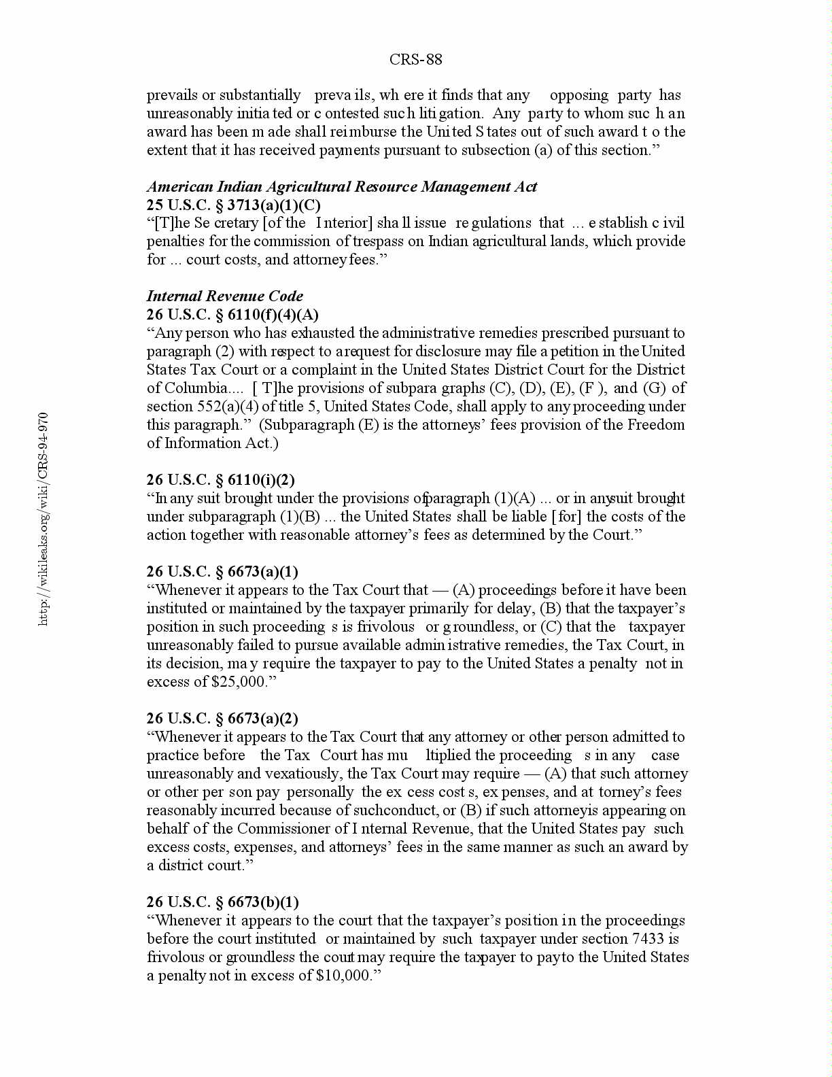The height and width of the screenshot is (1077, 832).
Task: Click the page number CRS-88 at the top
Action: [x=415, y=60]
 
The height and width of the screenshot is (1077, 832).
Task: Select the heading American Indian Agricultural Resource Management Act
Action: [x=341, y=187]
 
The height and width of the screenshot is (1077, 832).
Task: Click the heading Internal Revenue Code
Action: [x=224, y=296]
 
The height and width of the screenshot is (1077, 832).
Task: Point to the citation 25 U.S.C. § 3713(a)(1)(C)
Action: [x=233, y=205]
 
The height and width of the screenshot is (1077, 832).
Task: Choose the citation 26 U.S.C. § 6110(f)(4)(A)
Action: [x=232, y=315]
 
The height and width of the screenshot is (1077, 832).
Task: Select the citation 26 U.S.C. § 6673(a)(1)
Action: [x=222, y=572]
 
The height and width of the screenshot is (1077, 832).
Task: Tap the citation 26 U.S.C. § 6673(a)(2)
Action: [x=222, y=719]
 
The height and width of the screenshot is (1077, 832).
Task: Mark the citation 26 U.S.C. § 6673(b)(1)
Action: [x=222, y=902]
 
